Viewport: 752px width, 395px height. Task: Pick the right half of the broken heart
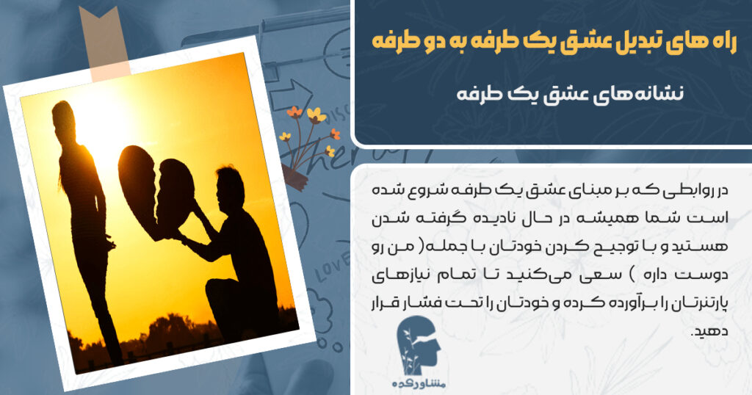point(175,195)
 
